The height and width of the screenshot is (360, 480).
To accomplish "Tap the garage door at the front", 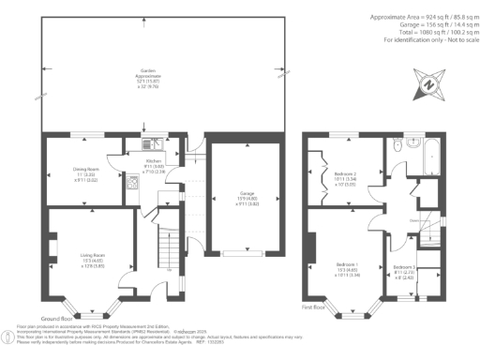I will point(247,253).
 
